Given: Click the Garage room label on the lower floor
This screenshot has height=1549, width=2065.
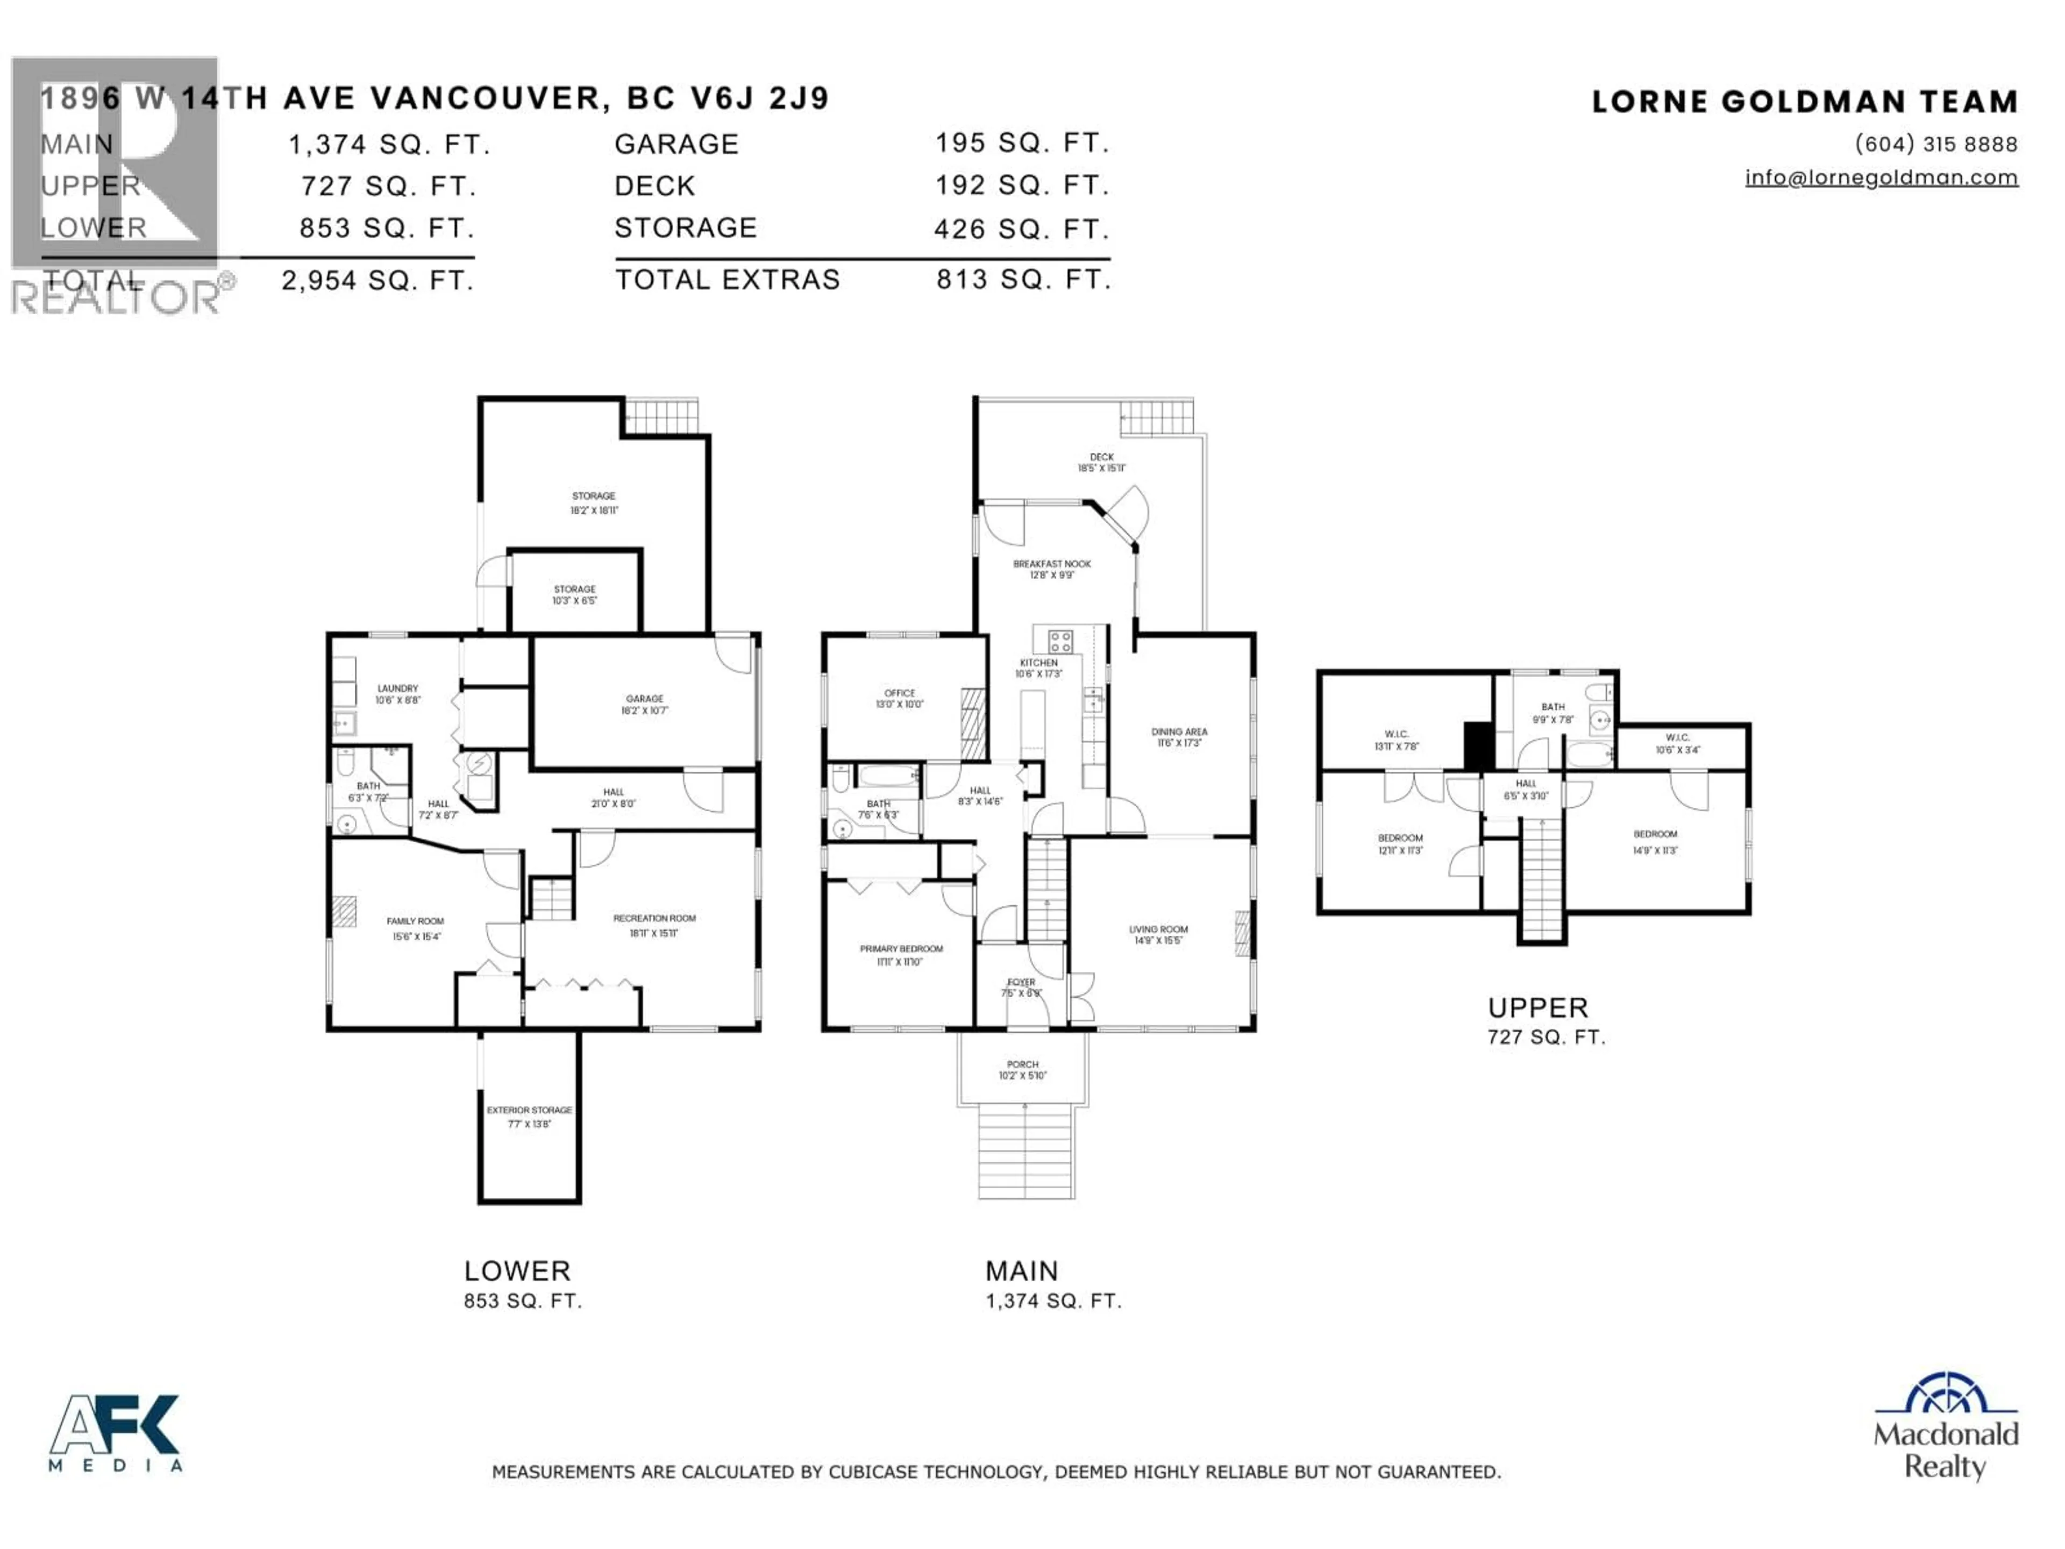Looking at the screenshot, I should pyautogui.click(x=644, y=699).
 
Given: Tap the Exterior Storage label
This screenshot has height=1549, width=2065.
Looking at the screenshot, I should pyautogui.click(x=529, y=1110).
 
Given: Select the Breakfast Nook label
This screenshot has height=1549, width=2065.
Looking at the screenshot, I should pyautogui.click(x=1051, y=564).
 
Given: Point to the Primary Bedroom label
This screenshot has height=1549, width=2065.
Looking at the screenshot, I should pyautogui.click(x=901, y=949).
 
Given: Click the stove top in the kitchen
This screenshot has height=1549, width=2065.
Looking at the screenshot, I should pyautogui.click(x=1059, y=641).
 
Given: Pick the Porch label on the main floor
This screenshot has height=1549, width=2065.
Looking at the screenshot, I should pyautogui.click(x=1022, y=1064).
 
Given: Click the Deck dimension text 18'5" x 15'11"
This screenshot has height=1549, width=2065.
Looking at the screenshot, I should pyautogui.click(x=1101, y=468).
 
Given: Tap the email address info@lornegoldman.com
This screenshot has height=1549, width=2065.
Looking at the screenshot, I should pyautogui.click(x=1881, y=177).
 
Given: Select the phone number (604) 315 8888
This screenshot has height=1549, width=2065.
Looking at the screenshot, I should pyautogui.click(x=1936, y=144).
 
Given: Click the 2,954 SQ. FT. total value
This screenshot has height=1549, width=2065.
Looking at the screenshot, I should pyautogui.click(x=378, y=280).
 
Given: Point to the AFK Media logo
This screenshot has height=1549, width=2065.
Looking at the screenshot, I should pyautogui.click(x=115, y=1433).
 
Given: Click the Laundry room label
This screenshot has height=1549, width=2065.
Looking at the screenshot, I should pyautogui.click(x=398, y=688).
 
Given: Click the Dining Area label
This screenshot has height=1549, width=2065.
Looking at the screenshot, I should pyautogui.click(x=1179, y=732).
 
